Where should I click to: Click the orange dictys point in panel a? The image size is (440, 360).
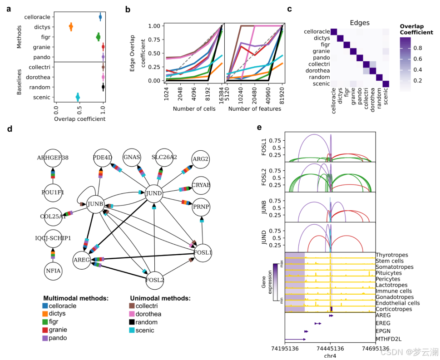(x=71, y=27)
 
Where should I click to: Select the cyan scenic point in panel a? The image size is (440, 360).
(x=78, y=97)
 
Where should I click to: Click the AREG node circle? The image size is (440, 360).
(x=83, y=260)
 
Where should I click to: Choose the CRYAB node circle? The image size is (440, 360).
(x=201, y=185)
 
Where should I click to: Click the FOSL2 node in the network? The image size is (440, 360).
(x=154, y=279)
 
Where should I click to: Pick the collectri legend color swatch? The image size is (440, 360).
(x=134, y=306)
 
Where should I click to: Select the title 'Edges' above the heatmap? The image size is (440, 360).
(x=360, y=23)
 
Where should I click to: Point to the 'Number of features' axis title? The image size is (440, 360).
(x=255, y=109)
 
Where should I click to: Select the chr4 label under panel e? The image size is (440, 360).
(x=330, y=356)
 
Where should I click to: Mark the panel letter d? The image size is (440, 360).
(x=10, y=129)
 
